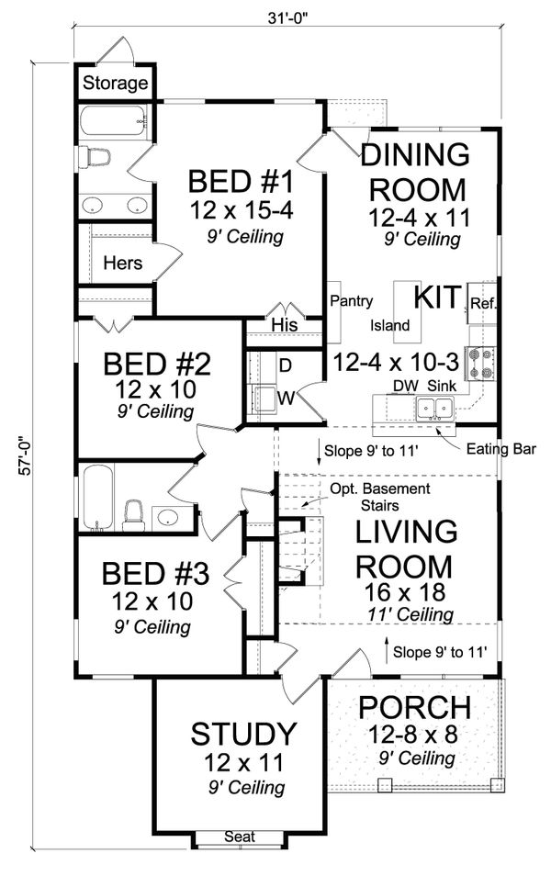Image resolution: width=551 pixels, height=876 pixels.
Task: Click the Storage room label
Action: click(x=115, y=84)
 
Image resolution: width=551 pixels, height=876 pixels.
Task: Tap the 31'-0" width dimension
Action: click(x=288, y=17)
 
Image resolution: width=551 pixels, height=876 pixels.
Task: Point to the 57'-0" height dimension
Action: click(x=24, y=455)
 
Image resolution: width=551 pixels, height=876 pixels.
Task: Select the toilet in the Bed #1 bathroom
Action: click(x=94, y=157)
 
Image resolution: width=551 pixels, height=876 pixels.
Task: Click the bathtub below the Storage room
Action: click(x=114, y=120)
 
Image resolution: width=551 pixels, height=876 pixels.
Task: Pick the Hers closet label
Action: click(x=122, y=263)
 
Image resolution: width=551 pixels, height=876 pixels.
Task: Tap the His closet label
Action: click(x=285, y=324)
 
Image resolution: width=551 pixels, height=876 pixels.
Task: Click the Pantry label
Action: click(x=351, y=301)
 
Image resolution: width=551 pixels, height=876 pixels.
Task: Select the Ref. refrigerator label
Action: click(x=483, y=303)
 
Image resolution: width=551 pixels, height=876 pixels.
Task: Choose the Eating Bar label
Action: click(x=500, y=449)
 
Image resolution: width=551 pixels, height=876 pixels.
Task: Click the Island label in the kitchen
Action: click(x=389, y=325)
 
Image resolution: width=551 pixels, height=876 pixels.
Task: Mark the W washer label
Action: click(x=286, y=398)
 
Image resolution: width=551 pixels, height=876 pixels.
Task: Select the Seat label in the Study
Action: click(x=240, y=837)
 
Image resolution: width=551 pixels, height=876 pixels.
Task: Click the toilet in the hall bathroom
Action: click(x=133, y=516)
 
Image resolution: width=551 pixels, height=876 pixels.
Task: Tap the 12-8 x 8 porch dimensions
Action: click(x=412, y=734)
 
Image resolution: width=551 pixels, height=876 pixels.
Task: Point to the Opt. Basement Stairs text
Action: click(x=380, y=497)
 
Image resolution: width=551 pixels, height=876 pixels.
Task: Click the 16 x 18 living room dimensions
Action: click(x=405, y=591)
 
